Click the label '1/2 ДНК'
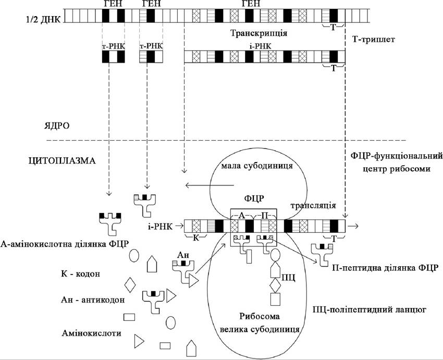click(43, 20)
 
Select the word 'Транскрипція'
click(259, 33)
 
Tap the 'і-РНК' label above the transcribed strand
click(260, 46)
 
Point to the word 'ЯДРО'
click(57, 126)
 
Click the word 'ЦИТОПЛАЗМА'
click(62, 161)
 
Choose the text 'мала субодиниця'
click(256, 166)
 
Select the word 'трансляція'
click(313, 205)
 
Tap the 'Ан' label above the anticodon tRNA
click(183, 255)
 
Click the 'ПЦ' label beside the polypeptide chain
click(288, 278)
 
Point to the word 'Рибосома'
click(260, 316)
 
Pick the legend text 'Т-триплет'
click(374, 39)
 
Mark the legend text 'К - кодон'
click(80, 274)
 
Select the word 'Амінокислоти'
click(92, 333)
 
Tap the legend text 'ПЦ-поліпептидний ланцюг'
click(370, 310)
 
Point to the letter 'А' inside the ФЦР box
click(242, 216)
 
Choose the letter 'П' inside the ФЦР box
click(265, 216)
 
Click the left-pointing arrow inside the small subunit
click(210, 185)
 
